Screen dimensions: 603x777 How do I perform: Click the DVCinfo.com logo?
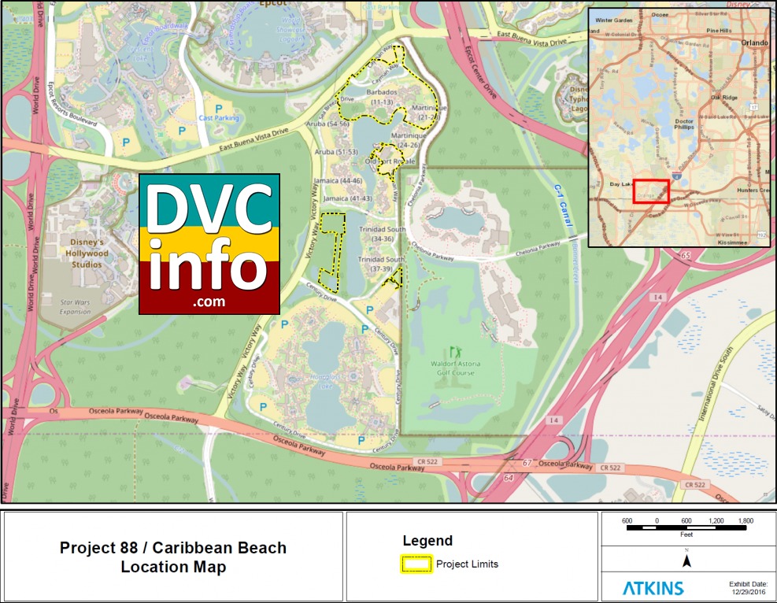click(209, 244)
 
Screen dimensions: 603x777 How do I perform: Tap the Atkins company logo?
click(653, 587)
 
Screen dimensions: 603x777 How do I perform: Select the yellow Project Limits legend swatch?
click(417, 564)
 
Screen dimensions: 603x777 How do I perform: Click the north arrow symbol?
click(686, 561)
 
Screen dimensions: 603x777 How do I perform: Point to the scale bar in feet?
click(686, 528)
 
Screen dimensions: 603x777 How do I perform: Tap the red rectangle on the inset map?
click(651, 191)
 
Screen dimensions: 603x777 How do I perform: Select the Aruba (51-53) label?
click(336, 151)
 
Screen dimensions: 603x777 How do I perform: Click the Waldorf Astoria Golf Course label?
click(453, 368)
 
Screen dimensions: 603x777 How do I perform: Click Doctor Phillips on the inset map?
click(684, 127)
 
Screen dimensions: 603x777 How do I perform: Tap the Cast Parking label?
click(218, 118)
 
